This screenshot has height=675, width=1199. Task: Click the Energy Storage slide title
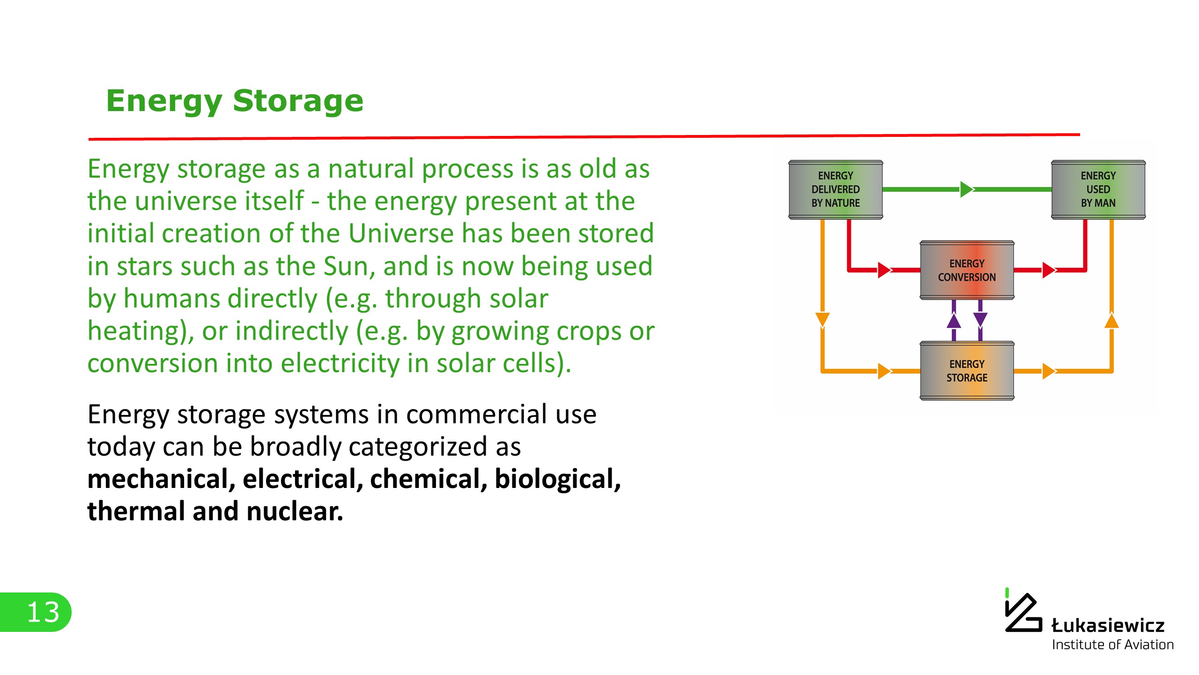coord(235,101)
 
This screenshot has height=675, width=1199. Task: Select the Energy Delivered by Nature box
coord(836,189)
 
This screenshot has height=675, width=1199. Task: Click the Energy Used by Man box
coord(1098,189)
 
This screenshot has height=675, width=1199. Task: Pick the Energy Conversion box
coord(967,270)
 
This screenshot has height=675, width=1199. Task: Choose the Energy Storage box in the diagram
coord(967,371)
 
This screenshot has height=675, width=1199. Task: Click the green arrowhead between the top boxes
coord(966,189)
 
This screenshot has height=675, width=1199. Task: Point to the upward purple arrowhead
coord(954,321)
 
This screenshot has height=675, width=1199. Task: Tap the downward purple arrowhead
coord(980,320)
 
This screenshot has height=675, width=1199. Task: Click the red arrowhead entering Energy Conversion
coord(884,270)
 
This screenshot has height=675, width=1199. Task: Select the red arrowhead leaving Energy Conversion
coord(1048,270)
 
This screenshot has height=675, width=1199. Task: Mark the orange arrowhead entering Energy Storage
coord(884,371)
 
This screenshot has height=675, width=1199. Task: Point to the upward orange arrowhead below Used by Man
coord(1111,321)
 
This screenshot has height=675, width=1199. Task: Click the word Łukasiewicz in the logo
coord(1108,626)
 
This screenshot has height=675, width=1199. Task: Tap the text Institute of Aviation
coord(1113,645)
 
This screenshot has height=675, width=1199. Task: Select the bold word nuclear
coord(295,511)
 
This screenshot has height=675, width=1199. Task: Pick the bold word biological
coord(557,479)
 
